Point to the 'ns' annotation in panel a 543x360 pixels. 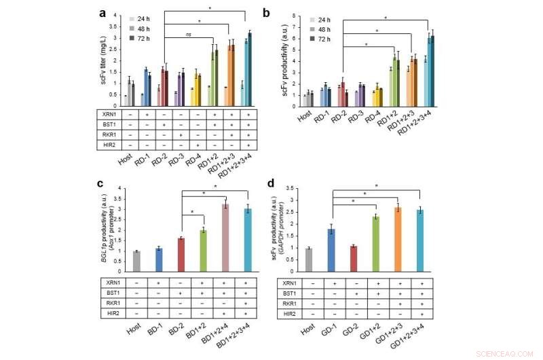(188, 35)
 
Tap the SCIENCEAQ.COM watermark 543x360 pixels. (506, 354)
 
